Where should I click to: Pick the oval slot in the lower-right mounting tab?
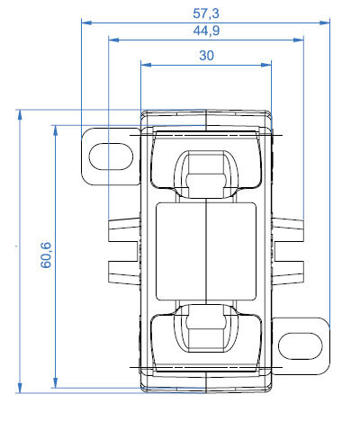(x=303, y=344)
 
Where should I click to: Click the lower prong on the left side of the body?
(x=125, y=269)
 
